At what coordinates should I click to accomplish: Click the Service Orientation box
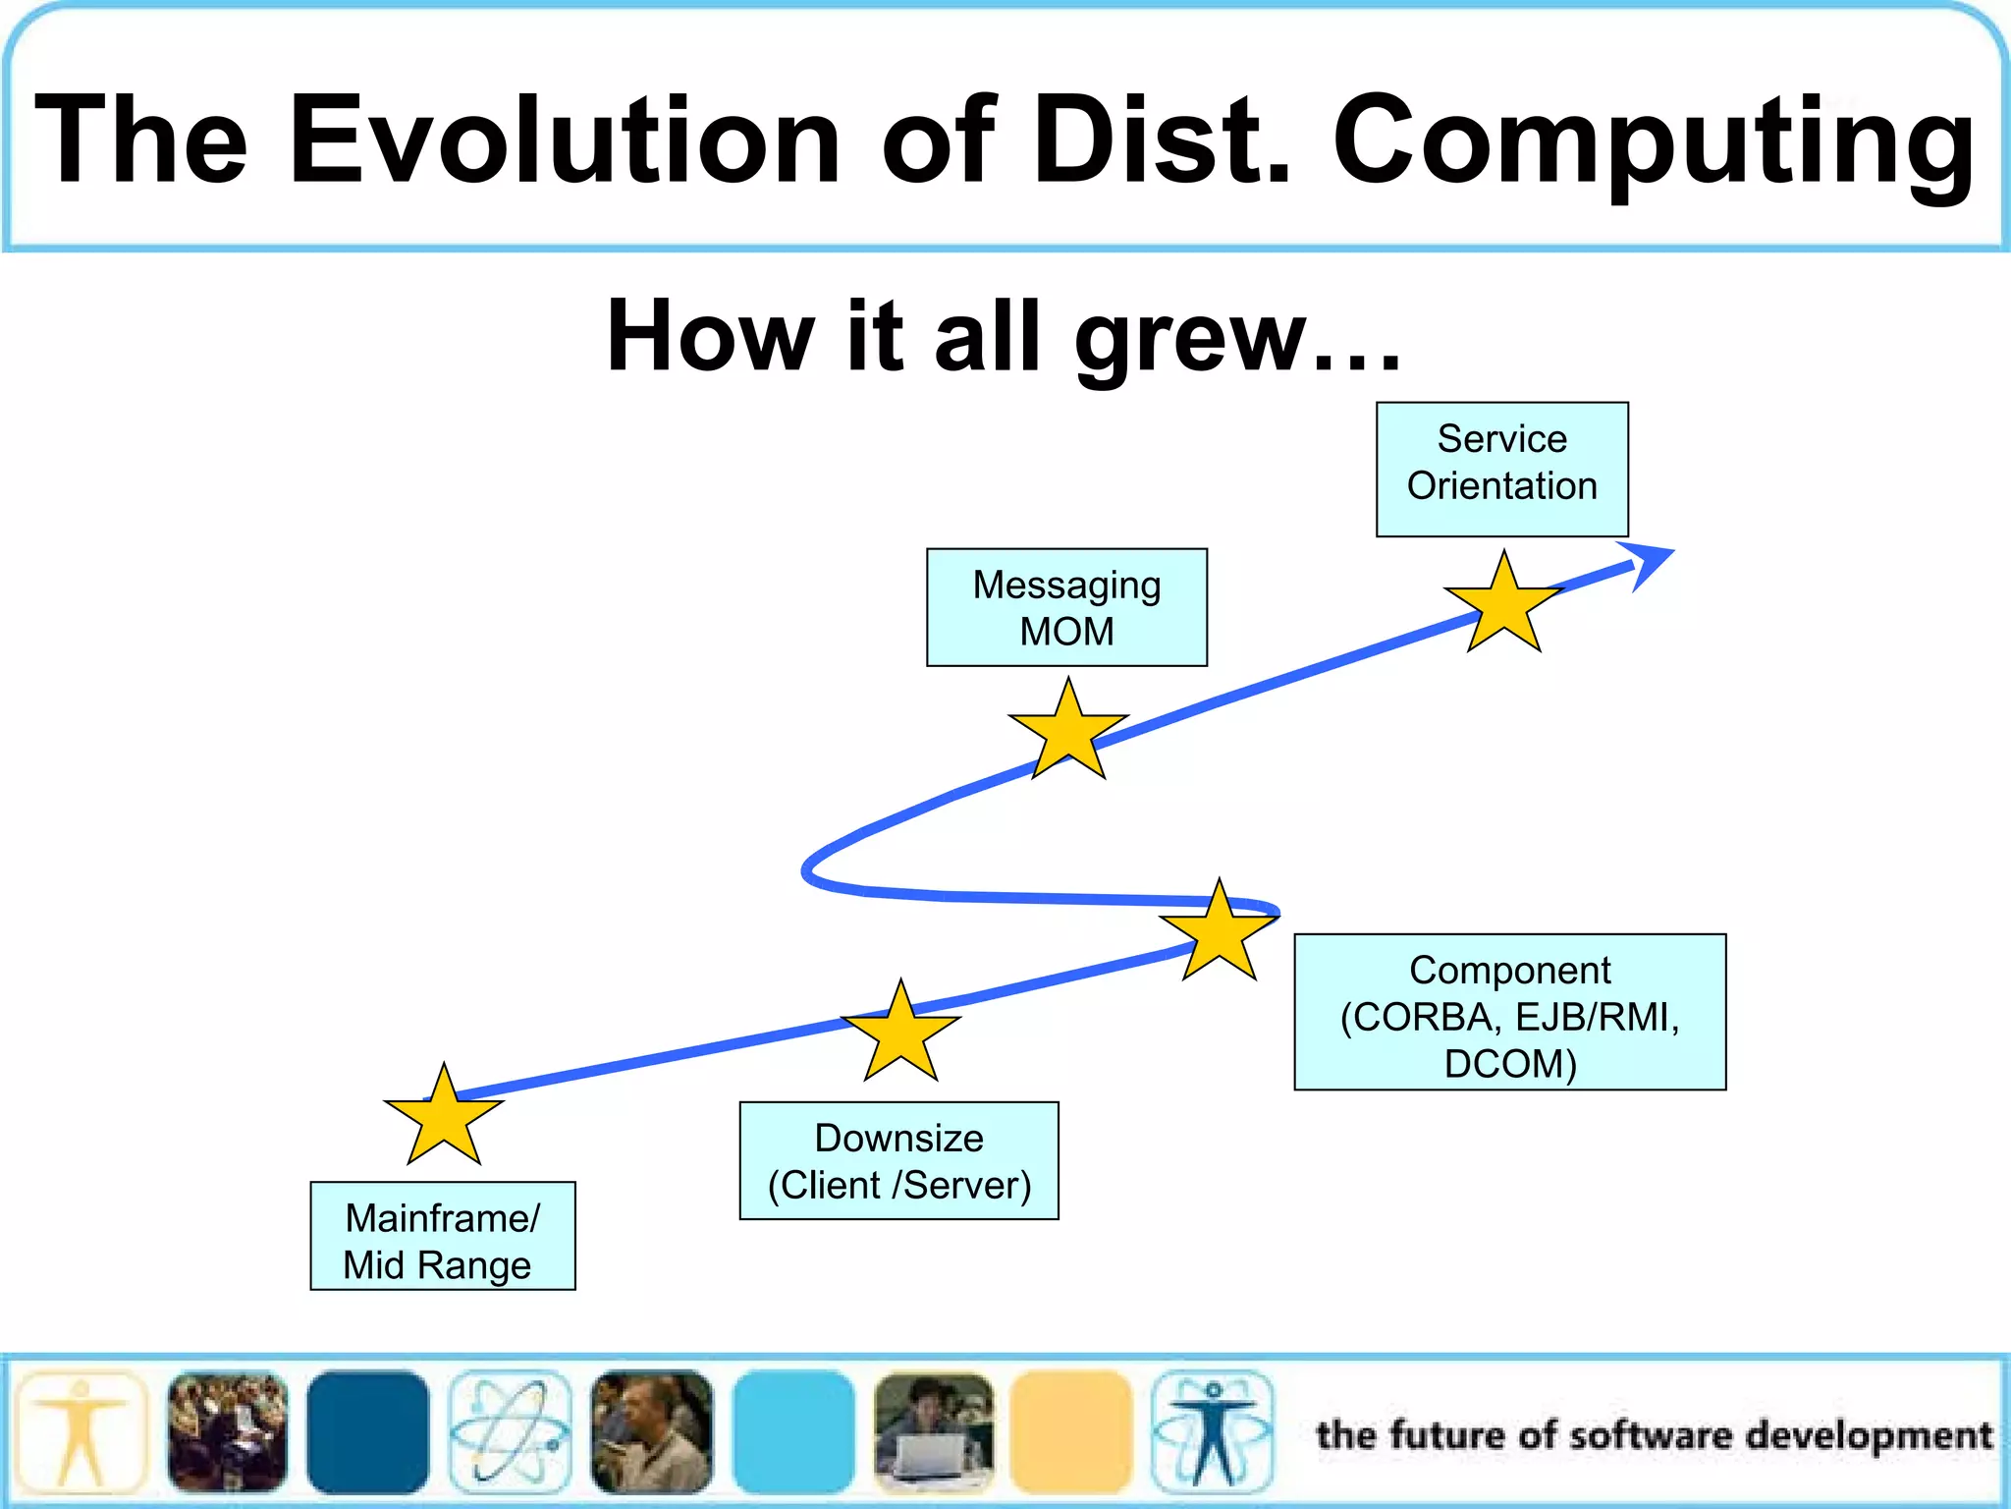pos(1501,469)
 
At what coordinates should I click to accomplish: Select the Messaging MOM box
pos(1066,607)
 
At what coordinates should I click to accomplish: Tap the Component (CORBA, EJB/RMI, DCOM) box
pos(1509,1012)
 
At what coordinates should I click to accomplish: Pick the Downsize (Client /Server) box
pos(898,1160)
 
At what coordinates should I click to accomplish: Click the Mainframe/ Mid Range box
pos(442,1236)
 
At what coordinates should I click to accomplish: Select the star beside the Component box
pos(1219,934)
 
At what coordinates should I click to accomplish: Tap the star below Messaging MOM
pos(1067,733)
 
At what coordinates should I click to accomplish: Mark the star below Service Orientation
pos(1503,606)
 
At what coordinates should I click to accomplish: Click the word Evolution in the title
pos(564,139)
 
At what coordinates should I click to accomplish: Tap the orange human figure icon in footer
pos(82,1432)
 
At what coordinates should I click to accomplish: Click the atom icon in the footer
pos(510,1432)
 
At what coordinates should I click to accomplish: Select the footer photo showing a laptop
pos(934,1432)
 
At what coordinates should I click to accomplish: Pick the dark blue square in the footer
pos(367,1432)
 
